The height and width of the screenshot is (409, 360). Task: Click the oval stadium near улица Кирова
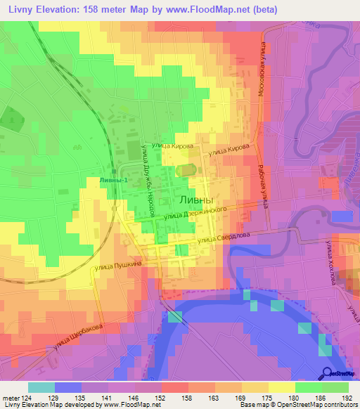[186, 169]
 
